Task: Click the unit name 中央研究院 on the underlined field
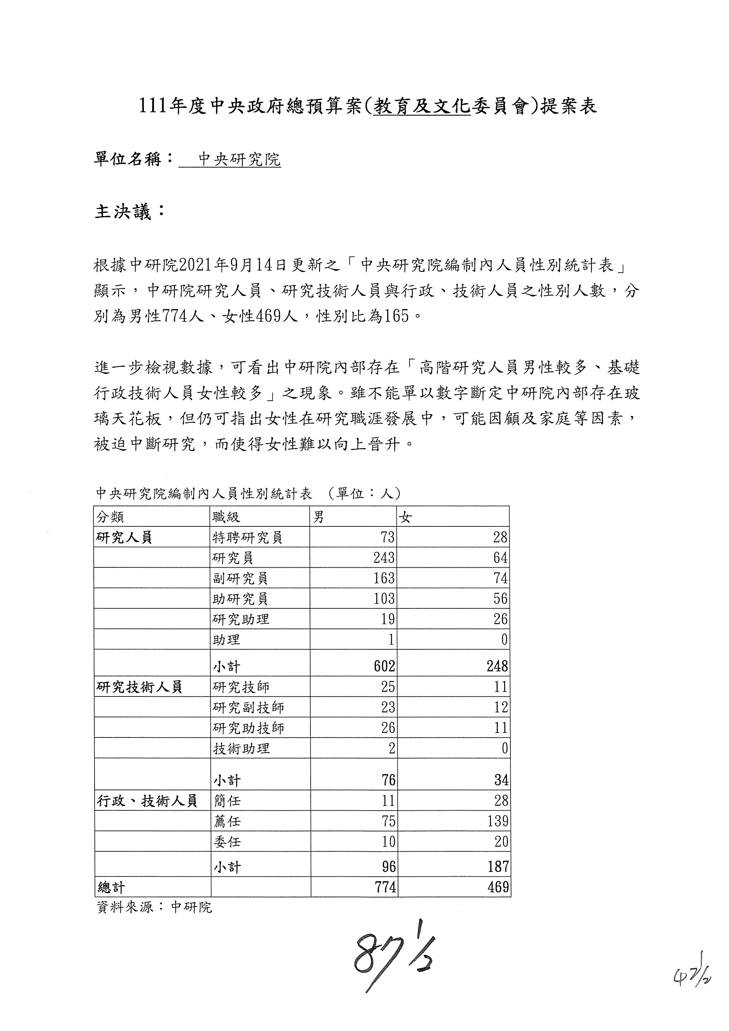pos(239,159)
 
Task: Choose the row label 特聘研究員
pos(247,538)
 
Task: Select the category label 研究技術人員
pos(139,687)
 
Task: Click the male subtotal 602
pos(384,666)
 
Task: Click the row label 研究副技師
pos(248,708)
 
